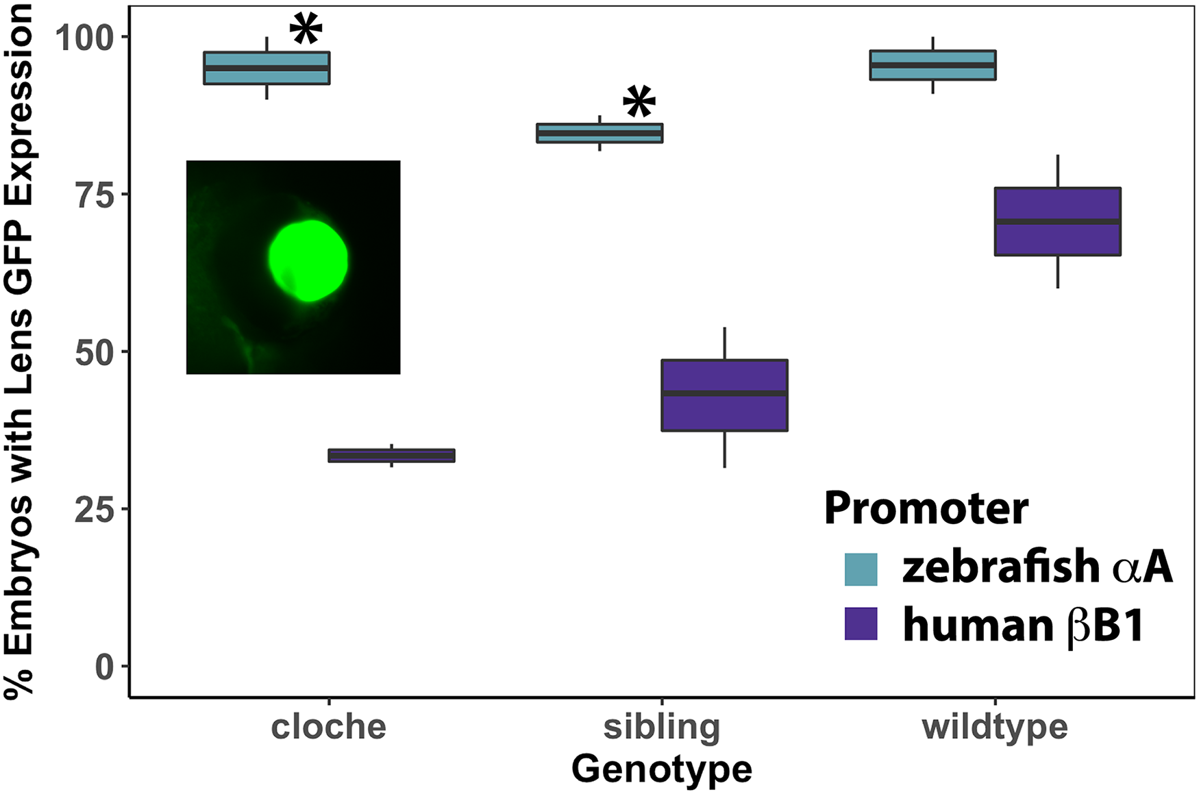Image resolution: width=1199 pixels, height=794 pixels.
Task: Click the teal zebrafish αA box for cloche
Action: [267, 68]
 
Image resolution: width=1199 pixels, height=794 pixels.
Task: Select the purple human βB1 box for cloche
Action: [391, 456]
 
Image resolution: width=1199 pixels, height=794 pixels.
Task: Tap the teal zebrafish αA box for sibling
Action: [599, 133]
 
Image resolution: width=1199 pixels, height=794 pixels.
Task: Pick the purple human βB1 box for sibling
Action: [724, 395]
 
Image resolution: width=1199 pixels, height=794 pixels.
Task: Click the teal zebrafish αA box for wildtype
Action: [932, 65]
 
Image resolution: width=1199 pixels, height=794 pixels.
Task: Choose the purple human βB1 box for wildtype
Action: [1057, 221]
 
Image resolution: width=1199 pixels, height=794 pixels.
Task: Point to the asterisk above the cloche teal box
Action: [306, 29]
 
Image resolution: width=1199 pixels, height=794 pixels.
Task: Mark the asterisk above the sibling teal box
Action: [639, 102]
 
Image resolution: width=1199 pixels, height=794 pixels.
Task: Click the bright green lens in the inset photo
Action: [308, 260]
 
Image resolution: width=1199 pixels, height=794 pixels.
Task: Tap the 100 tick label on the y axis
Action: [84, 38]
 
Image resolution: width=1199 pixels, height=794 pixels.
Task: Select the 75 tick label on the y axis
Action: [94, 195]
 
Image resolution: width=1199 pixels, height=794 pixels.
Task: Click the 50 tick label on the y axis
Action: [94, 353]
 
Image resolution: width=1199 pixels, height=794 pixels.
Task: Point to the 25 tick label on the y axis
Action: [94, 510]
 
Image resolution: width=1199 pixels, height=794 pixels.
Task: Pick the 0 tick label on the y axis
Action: [104, 667]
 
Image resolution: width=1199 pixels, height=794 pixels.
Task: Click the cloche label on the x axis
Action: [329, 728]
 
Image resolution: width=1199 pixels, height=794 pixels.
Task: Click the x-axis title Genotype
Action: [662, 770]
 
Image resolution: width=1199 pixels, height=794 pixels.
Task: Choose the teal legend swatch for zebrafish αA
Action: [861, 569]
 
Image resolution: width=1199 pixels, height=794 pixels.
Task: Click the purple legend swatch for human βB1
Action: [861, 624]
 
